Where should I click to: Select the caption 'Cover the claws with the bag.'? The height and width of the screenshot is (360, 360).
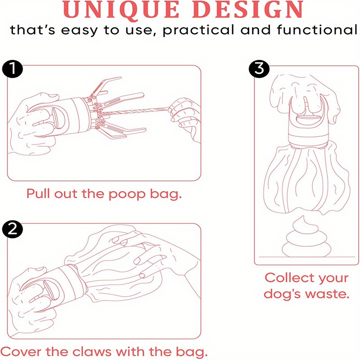[x=104, y=351]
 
